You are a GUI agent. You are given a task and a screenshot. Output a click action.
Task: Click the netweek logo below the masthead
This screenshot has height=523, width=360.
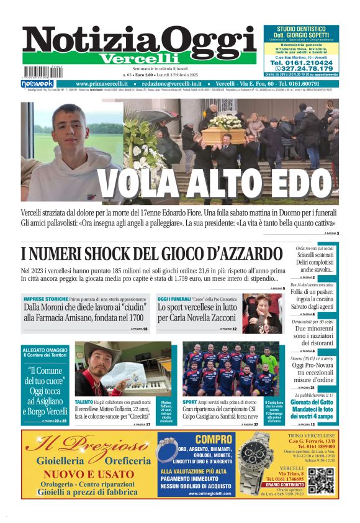(37, 84)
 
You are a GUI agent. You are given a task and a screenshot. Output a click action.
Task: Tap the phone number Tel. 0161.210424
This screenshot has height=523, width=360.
(300, 61)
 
